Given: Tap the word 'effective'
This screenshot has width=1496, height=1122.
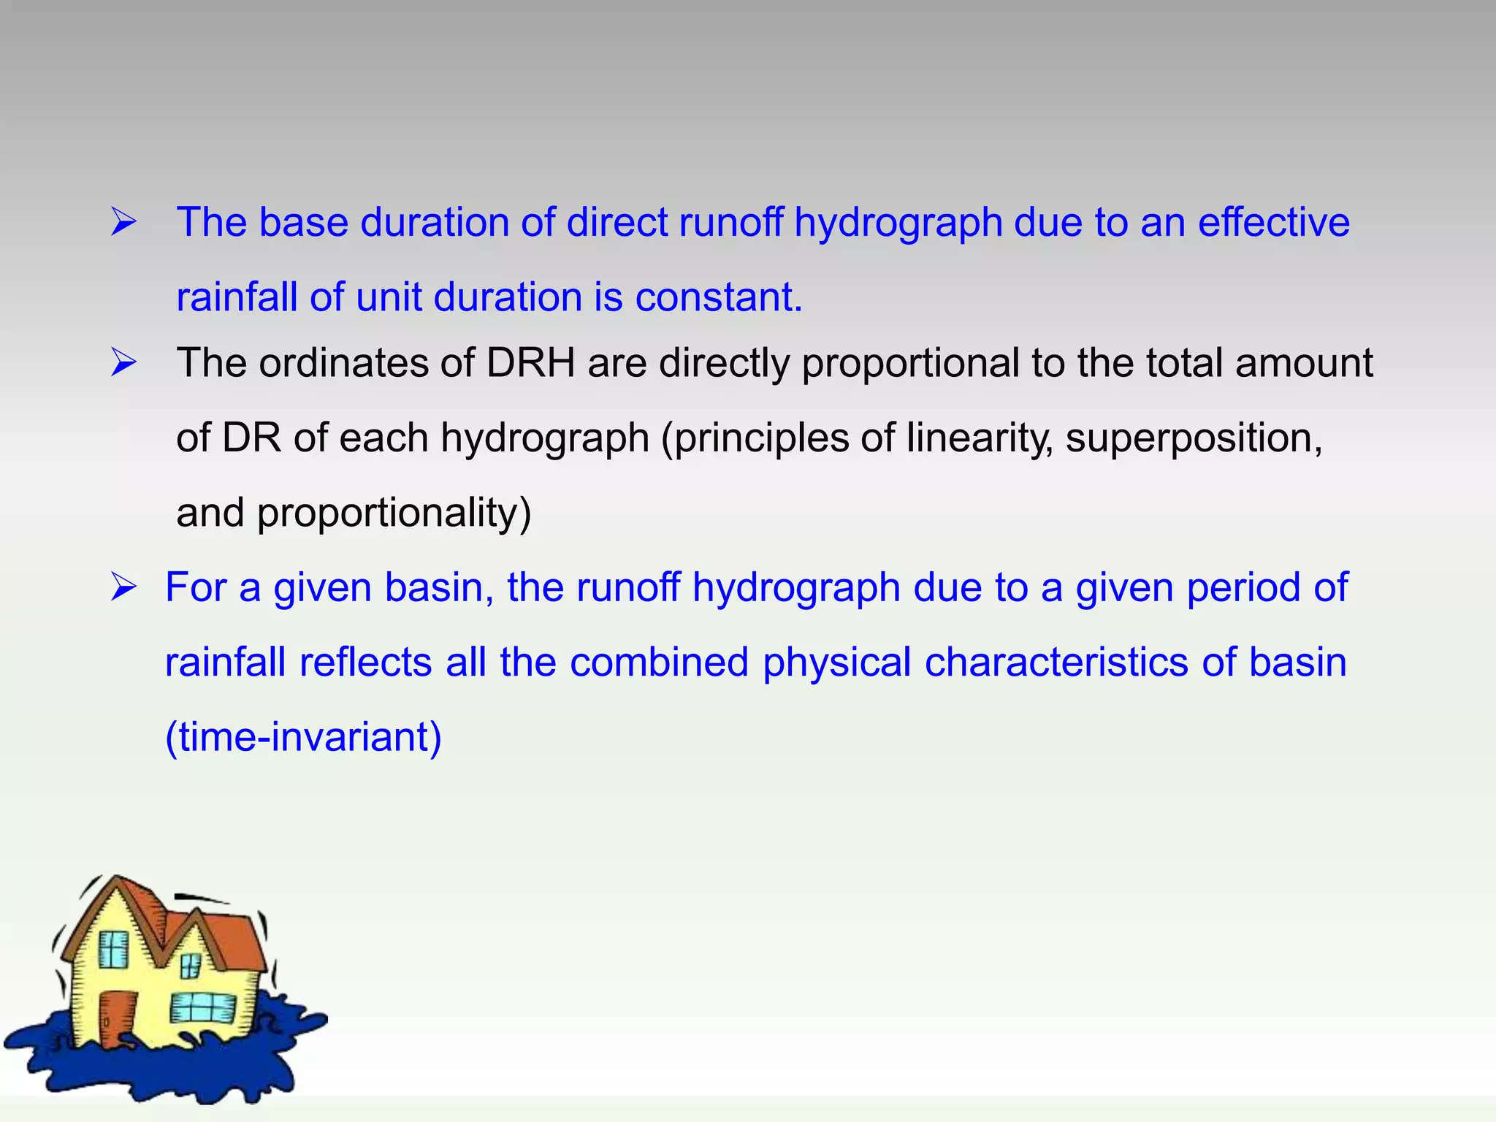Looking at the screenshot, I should pos(1273,222).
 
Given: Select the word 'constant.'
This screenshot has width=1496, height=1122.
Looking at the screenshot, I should pos(719,297).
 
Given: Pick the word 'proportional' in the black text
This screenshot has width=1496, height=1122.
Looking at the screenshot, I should pos(910,364).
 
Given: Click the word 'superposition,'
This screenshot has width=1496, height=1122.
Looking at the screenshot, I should pos(1194,438).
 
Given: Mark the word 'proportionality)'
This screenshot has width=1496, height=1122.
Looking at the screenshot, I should pos(394,514).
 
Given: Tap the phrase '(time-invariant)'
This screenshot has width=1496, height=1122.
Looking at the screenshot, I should pos(303,737).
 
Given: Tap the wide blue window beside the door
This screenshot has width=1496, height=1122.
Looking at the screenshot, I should pos(203,1009).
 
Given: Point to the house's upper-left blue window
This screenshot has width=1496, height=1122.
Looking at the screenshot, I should pos(113,950).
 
